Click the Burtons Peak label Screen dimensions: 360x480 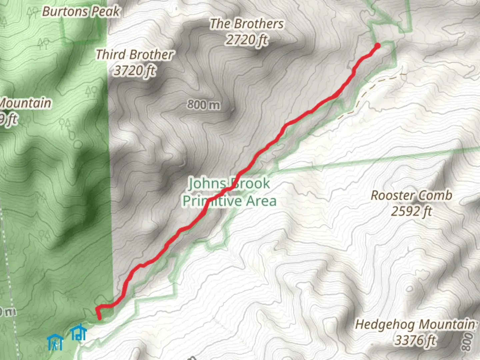(81, 12)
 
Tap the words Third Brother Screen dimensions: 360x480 (135, 54)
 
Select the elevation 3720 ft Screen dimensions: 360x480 (135, 70)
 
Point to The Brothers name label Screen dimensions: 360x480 (247, 24)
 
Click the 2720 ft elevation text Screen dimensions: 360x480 (247, 40)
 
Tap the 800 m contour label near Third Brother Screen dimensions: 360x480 (203, 105)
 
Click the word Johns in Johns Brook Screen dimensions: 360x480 (207, 184)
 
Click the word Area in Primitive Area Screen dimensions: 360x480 (261, 201)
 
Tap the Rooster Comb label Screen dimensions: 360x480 (411, 195)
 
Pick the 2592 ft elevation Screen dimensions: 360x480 (411, 211)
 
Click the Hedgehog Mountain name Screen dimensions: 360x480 (415, 324)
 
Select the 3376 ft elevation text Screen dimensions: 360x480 (415, 340)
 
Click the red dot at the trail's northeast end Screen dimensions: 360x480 (377, 46)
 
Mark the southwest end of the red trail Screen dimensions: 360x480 (100, 318)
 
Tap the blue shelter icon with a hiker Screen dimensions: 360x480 (55, 342)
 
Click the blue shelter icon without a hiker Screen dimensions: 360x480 (79, 332)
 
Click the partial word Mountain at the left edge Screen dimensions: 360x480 (25, 103)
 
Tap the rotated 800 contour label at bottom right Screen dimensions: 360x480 (468, 342)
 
